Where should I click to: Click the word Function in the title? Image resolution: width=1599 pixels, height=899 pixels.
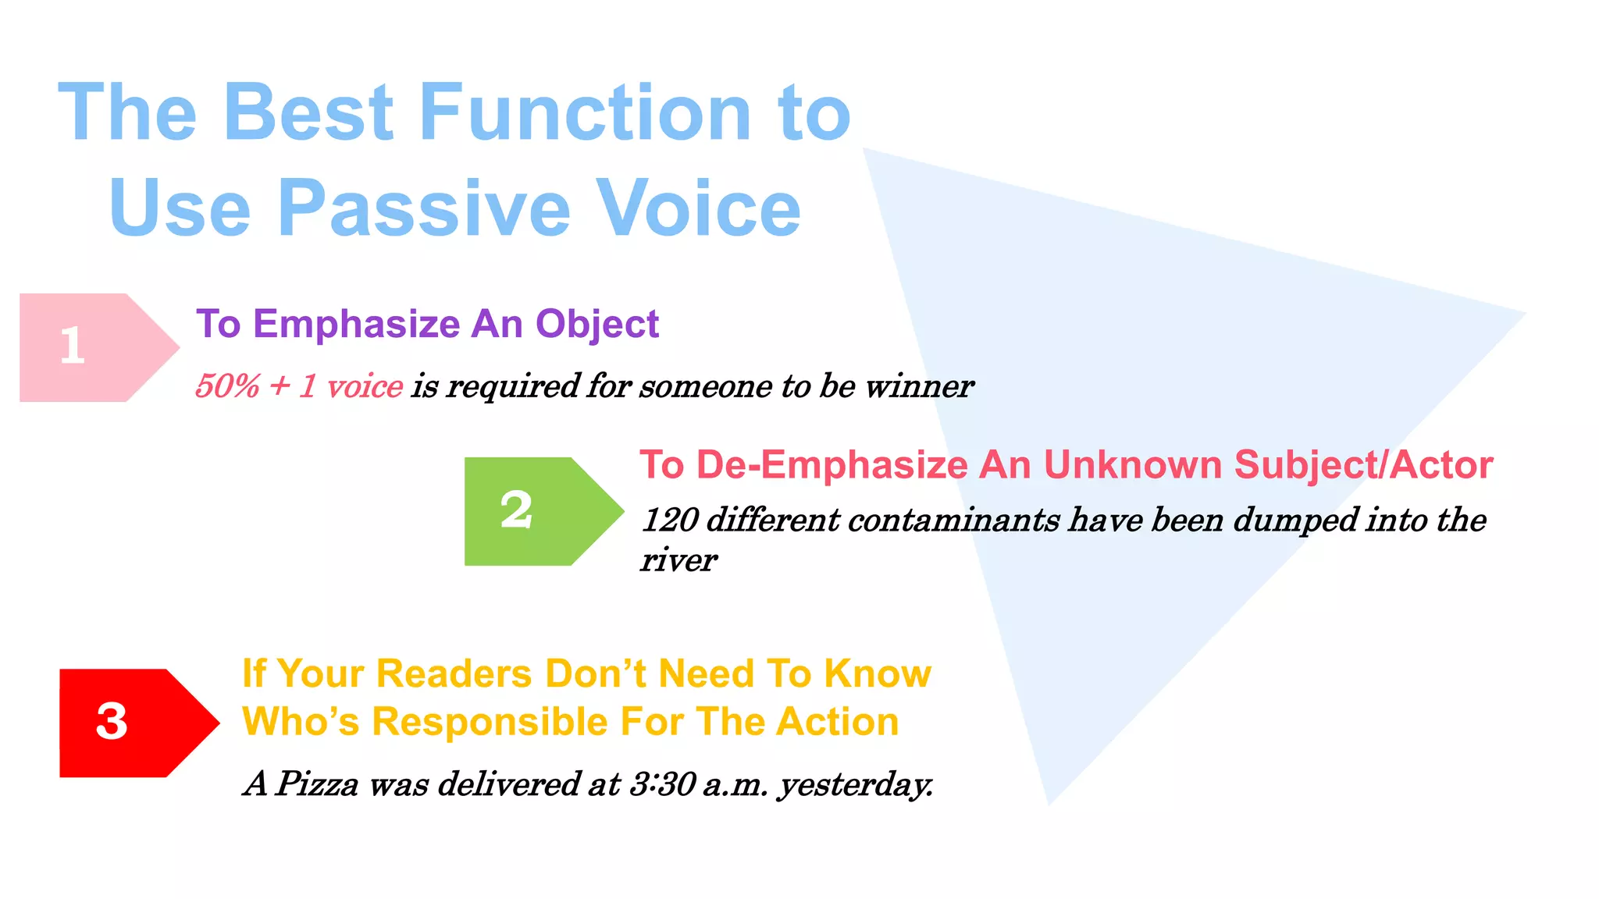pyautogui.click(x=586, y=113)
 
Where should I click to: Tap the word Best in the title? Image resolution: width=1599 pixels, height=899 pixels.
pyautogui.click(x=308, y=113)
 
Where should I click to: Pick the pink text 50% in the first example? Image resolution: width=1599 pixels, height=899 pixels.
pyautogui.click(x=226, y=386)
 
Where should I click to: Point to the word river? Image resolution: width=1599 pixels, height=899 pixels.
pyautogui.click(x=678, y=560)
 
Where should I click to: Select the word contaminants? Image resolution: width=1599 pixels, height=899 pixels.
pyautogui.click(x=953, y=521)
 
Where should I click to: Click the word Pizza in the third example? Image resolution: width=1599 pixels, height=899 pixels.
pyautogui.click(x=317, y=784)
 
